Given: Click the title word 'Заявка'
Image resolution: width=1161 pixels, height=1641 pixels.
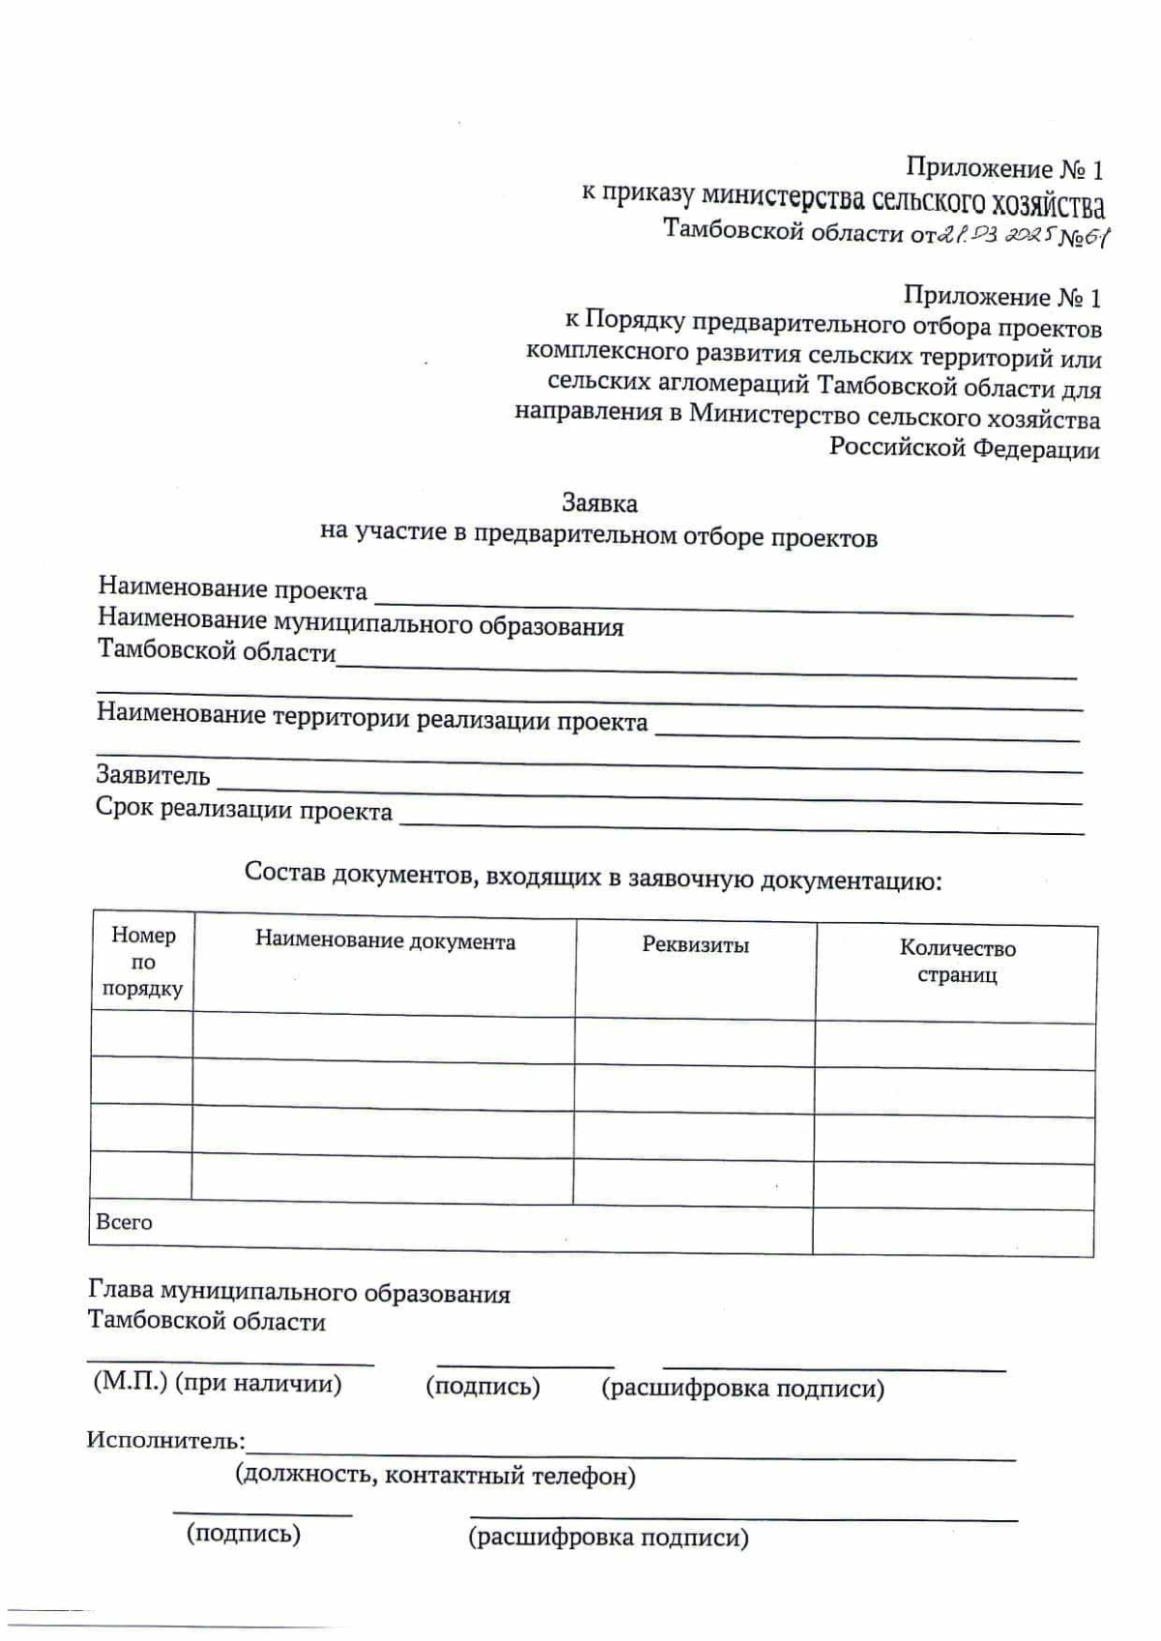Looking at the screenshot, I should pos(600,503).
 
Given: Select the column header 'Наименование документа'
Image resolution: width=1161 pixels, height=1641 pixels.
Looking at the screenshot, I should pos(385,941).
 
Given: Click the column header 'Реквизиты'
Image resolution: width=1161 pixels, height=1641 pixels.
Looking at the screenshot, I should pos(696,945).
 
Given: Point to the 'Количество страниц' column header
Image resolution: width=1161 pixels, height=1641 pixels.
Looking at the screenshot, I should pos(957,961).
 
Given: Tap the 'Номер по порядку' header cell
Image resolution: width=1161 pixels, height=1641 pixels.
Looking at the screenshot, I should pos(143,962).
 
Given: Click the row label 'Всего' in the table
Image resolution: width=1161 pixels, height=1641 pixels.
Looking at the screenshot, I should pos(124,1222).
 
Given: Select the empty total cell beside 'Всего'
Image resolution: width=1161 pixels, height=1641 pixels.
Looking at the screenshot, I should pos(953,1232).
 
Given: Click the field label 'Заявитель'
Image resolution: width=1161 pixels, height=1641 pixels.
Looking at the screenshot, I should pos(153,775).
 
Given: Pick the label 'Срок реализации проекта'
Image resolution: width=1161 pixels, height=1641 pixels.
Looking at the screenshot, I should pos(244,810).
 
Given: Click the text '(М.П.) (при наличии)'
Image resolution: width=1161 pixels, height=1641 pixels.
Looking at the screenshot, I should pos(218,1383).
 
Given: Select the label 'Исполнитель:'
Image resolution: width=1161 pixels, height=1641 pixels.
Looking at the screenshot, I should pos(165,1440).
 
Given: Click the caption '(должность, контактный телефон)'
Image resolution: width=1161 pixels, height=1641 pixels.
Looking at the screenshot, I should pos(435,1476).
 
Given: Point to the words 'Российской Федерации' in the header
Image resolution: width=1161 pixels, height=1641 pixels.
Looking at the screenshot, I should pos(964,449).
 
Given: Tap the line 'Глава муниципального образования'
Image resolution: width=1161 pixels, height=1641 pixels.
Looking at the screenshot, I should pos(299,1293).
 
